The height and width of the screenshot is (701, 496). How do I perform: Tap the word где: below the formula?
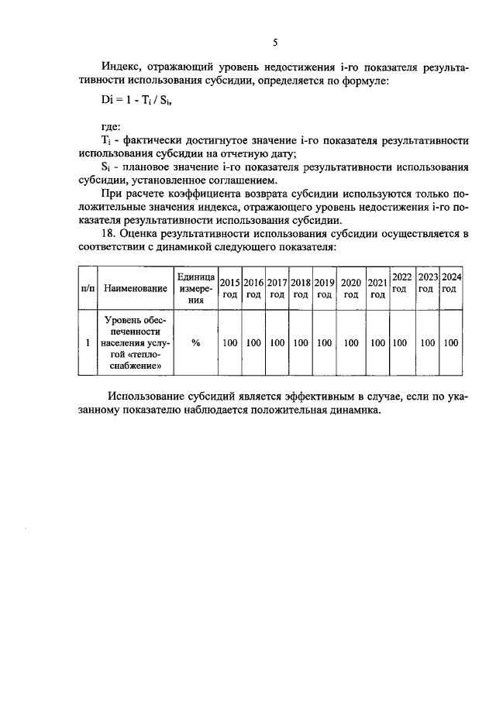(x=113, y=126)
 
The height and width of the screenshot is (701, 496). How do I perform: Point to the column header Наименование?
(x=136, y=288)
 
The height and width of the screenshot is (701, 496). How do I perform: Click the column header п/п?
(x=88, y=288)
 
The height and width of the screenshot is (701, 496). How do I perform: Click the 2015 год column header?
(x=229, y=288)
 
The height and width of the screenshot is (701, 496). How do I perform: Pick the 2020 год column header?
(x=351, y=288)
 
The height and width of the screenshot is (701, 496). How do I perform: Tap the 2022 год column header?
(x=401, y=282)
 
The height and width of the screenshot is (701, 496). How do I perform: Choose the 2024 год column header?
(x=451, y=282)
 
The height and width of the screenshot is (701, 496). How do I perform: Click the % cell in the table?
(x=195, y=342)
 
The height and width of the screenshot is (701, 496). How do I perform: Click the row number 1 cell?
(x=88, y=342)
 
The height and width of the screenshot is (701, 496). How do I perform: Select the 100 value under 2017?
(x=277, y=342)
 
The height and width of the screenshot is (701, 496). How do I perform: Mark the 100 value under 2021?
(x=377, y=342)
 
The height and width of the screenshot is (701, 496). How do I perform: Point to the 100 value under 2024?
(x=451, y=342)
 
